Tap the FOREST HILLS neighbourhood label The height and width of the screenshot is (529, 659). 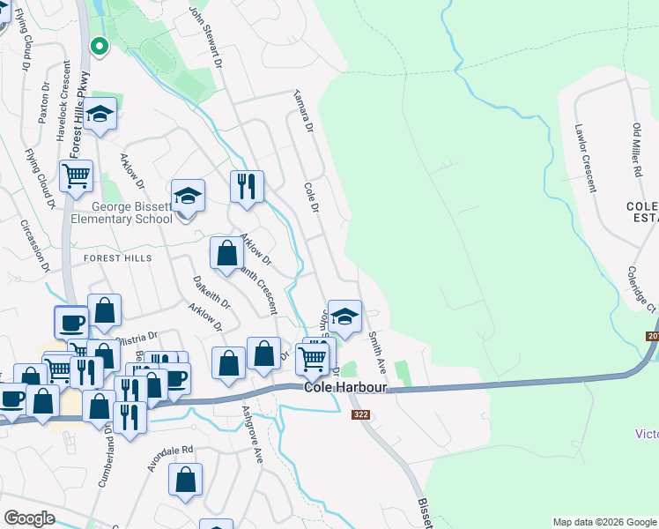[118, 258]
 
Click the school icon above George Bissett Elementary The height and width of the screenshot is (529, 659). [188, 195]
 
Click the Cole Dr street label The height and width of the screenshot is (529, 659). [311, 197]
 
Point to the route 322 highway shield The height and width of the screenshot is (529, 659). [359, 414]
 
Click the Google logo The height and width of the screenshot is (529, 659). [29, 518]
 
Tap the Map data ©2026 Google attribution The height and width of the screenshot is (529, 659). [604, 522]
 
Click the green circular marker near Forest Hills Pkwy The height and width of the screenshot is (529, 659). [100, 45]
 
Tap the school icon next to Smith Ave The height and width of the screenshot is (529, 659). [344, 317]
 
